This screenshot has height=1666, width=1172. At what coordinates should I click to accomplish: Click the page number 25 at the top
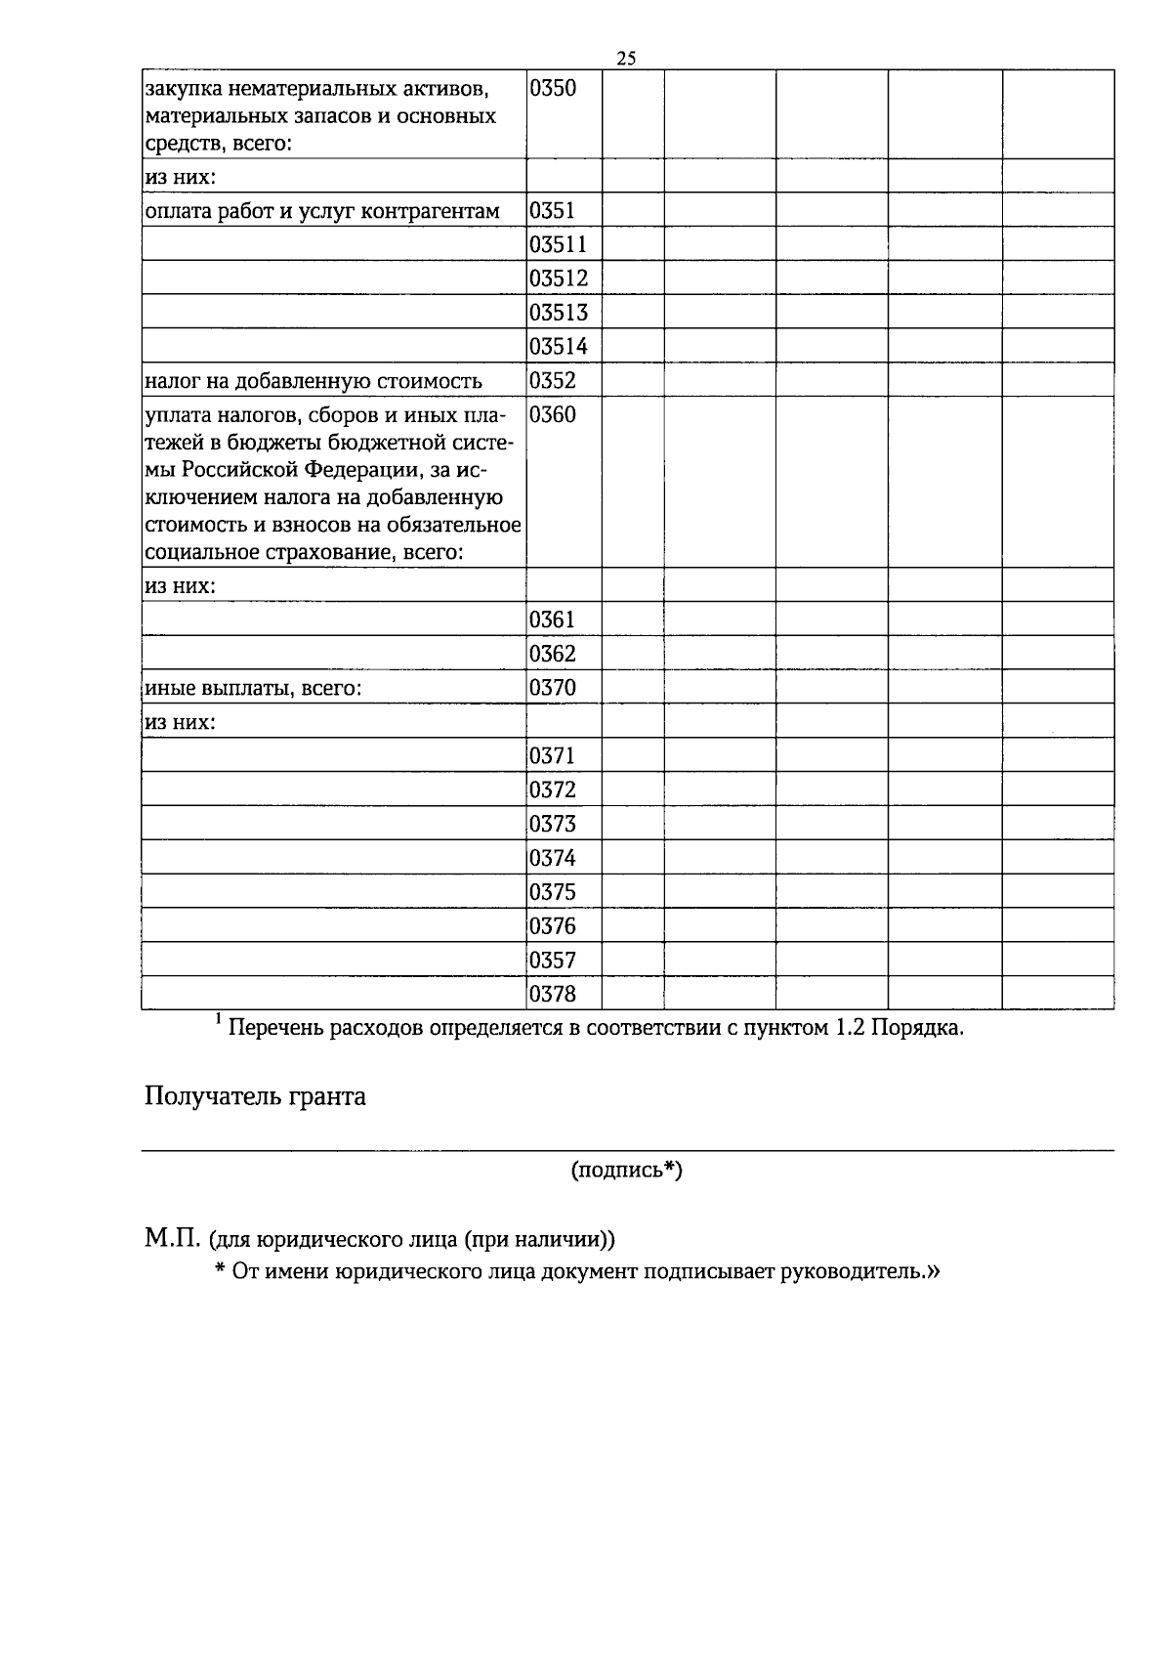tap(627, 59)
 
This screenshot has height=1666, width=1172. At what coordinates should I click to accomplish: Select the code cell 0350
tap(553, 89)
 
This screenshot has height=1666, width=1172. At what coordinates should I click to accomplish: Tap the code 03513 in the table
tap(559, 313)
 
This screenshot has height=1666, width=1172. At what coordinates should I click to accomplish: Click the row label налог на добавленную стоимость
tap(313, 381)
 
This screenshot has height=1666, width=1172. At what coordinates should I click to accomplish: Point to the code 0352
tap(553, 381)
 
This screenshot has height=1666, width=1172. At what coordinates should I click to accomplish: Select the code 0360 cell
tap(553, 415)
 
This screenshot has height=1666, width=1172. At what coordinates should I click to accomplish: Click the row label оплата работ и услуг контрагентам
tap(321, 211)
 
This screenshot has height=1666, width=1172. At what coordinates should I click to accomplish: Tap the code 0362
tap(553, 654)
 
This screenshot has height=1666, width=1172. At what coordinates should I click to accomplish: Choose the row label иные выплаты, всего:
tap(253, 688)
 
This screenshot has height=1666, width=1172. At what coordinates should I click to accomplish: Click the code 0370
tap(553, 688)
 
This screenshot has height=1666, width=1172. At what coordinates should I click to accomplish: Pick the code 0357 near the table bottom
tap(553, 961)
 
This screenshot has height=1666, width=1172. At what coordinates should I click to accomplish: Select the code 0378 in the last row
tap(553, 995)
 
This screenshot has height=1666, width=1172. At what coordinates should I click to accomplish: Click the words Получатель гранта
tap(255, 1096)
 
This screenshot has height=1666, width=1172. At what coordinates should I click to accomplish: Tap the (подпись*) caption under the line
tap(626, 1170)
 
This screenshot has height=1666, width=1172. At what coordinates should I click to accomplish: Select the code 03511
tap(559, 244)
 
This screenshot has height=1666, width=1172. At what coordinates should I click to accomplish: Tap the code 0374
tap(553, 858)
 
